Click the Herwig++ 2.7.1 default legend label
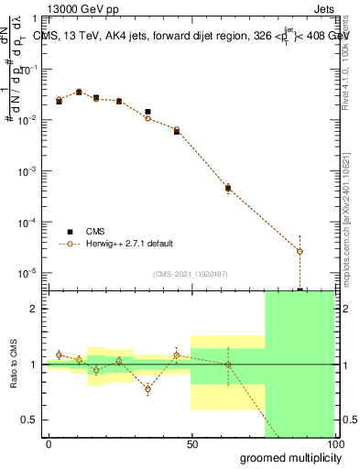pyautogui.click(x=129, y=244)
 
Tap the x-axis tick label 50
pyautogui.click(x=191, y=444)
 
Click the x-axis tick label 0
pyautogui.click(x=49, y=444)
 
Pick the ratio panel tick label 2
pyautogui.click(x=34, y=309)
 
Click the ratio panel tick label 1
pyautogui.click(x=34, y=365)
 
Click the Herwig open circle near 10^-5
pyautogui.click(x=300, y=251)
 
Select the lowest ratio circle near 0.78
pyautogui.click(x=147, y=389)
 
